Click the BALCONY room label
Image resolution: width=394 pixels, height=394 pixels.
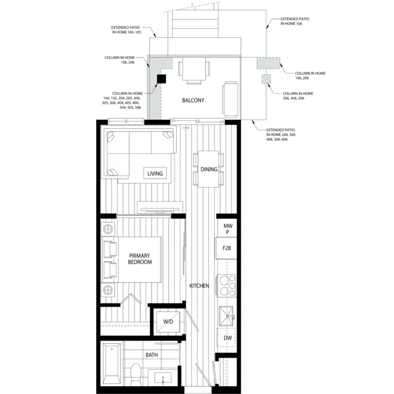click(193, 100)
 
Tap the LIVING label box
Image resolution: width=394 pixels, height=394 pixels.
click(155, 173)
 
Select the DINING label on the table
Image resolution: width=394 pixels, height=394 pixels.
click(209, 169)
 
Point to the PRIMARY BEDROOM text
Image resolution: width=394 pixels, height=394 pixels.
click(140, 259)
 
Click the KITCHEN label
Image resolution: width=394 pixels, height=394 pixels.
click(199, 286)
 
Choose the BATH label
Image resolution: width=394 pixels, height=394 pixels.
click(152, 355)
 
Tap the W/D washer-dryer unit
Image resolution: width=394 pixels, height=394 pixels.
click(168, 321)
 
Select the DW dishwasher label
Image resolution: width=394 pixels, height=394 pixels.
click(228, 338)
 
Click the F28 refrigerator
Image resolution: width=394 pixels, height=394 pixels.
click(226, 248)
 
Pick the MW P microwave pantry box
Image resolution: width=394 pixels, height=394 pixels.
click(227, 228)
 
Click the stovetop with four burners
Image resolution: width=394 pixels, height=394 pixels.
click(227, 286)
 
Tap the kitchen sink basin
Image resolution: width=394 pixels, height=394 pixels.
click(226, 316)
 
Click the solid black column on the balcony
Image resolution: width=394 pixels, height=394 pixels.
click(162, 79)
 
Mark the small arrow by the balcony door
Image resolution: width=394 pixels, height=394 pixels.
click(185, 128)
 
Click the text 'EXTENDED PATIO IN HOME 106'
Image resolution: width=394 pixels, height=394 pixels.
click(294, 21)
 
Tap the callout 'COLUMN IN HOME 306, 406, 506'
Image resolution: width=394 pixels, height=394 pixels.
click(298, 96)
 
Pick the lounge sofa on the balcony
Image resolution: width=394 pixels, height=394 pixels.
click(230, 99)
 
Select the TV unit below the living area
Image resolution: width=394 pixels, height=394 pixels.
click(160, 208)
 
